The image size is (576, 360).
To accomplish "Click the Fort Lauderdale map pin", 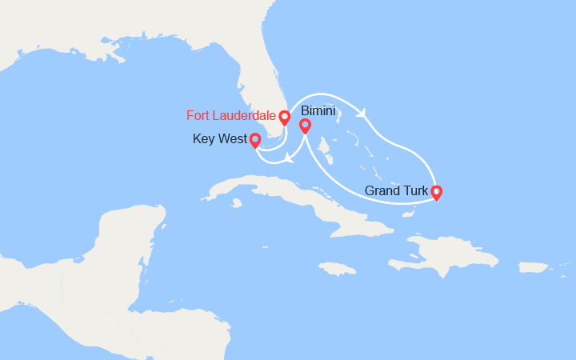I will [284, 118].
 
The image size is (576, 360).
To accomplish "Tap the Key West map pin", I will [255, 141].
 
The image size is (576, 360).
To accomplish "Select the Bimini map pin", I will [305, 126].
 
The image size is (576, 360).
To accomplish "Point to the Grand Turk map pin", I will [436, 192].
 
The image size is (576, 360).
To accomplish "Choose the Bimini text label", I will [318, 111].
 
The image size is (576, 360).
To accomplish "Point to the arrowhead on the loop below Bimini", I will [287, 158].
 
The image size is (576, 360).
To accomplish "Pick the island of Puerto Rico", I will [534, 266].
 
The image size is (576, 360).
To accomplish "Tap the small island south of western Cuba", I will [238, 202].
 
